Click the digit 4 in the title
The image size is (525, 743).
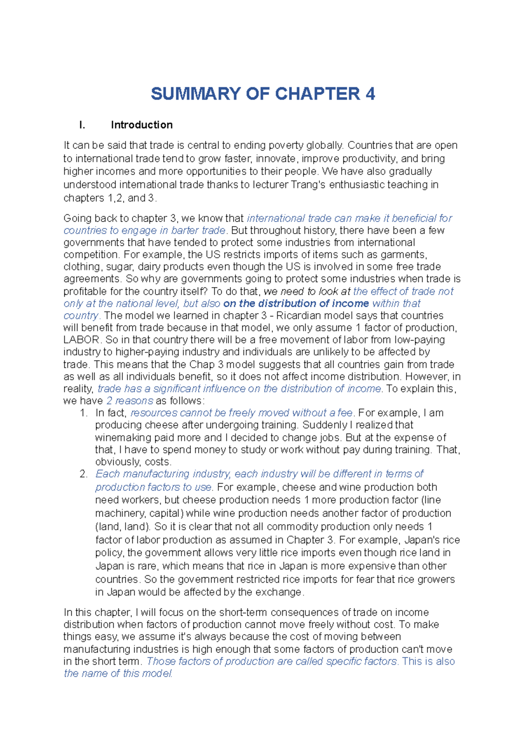coord(370,94)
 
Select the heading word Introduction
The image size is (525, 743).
coord(142,125)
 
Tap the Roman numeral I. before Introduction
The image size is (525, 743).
coord(82,125)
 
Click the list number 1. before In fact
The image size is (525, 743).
coord(84,413)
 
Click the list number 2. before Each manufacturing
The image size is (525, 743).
coord(84,474)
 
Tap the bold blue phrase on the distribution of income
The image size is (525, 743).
coord(296,304)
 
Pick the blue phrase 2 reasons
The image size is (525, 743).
coord(130,401)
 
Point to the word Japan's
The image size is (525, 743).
coord(421,540)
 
